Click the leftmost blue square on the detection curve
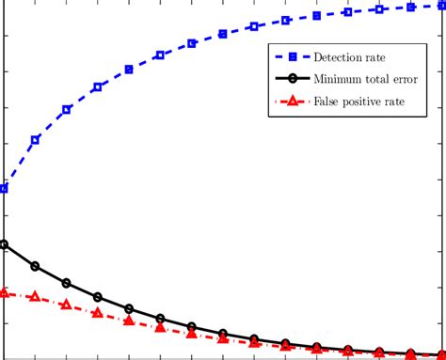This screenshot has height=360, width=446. [4, 189]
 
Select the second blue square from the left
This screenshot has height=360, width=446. [35, 140]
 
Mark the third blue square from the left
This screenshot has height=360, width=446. [66, 110]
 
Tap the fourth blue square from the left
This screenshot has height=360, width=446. [97, 87]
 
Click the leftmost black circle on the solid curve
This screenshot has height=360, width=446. [4, 245]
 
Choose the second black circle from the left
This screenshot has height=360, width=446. [35, 266]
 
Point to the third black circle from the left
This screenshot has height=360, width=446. [66, 283]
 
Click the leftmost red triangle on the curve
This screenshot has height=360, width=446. [4, 292]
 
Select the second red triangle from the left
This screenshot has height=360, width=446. [35, 296]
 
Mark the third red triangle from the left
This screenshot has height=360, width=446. [66, 305]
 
